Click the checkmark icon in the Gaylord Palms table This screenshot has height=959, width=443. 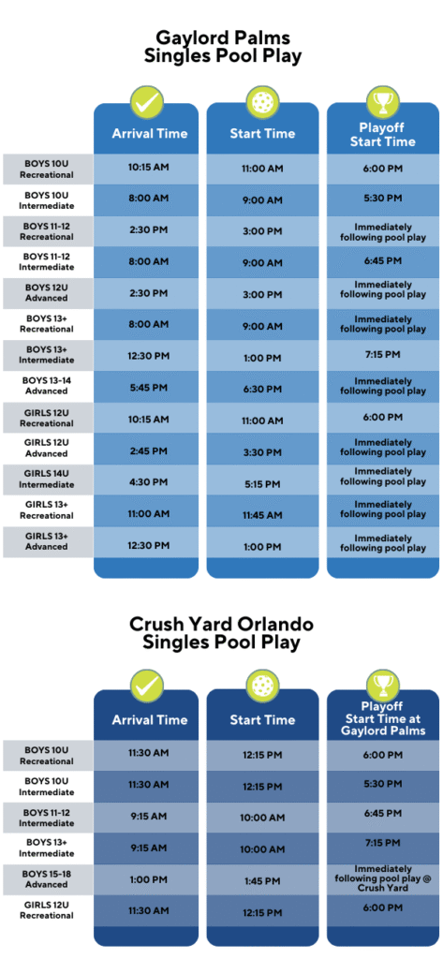pos(146,102)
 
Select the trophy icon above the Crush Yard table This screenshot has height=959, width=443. pos(383,686)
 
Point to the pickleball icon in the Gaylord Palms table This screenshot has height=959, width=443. pos(262,102)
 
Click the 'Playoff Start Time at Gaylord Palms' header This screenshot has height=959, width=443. pos(383,719)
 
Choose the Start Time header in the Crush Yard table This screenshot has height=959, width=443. pos(262,720)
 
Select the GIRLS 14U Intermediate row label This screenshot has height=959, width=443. pos(47,479)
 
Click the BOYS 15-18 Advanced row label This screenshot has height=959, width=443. pos(47,879)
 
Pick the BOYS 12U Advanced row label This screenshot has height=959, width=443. pos(47,292)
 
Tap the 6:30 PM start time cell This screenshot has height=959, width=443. pos(262,389)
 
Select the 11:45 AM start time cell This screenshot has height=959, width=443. pos(262,516)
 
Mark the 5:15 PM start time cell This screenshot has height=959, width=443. pos(262,484)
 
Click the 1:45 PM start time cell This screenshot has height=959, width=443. pos(262,880)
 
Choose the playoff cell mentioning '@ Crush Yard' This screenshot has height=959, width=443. pos(383,878)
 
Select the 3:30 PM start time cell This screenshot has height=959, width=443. pos(262,452)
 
